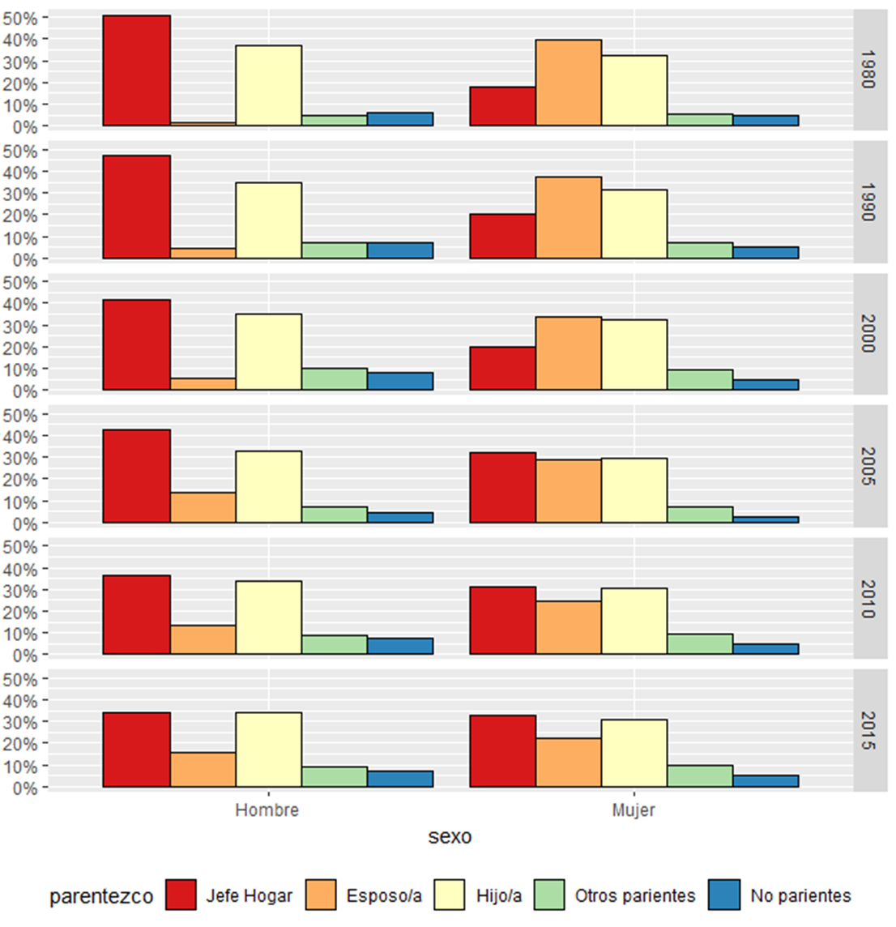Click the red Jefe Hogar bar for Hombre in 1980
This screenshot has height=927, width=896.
tap(137, 71)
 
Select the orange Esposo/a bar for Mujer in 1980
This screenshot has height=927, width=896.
tap(568, 83)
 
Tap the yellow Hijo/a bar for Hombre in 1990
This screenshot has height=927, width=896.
tap(268, 220)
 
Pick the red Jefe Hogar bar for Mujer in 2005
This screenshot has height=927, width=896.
tap(502, 488)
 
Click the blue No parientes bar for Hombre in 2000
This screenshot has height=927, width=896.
tap(399, 381)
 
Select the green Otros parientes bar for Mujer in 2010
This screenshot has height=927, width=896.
tap(700, 644)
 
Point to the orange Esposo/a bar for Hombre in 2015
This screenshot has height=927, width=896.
tap(203, 770)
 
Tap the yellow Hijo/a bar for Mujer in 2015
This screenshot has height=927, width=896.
tap(634, 753)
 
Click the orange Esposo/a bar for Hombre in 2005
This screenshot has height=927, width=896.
tap(203, 507)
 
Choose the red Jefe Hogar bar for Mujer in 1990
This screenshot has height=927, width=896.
tap(502, 237)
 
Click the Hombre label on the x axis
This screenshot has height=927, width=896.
tap(267, 810)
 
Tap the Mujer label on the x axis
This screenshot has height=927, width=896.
tap(634, 810)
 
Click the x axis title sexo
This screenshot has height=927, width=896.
tap(450, 836)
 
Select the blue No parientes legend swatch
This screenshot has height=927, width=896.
tap(723, 895)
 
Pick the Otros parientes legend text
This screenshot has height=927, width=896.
tap(635, 895)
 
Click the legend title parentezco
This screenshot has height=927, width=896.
tap(101, 896)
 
